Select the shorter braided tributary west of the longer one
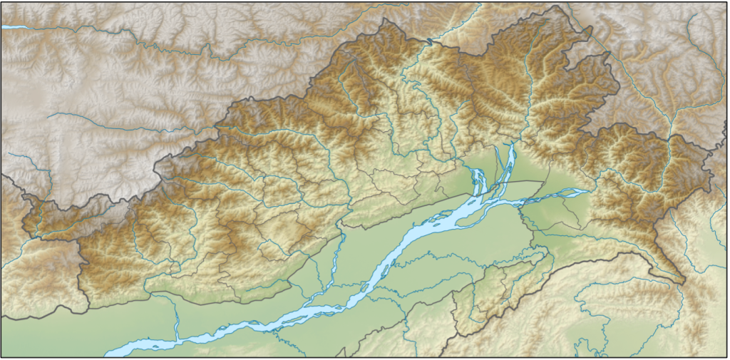(476, 182)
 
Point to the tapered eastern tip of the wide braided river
(589, 190)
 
